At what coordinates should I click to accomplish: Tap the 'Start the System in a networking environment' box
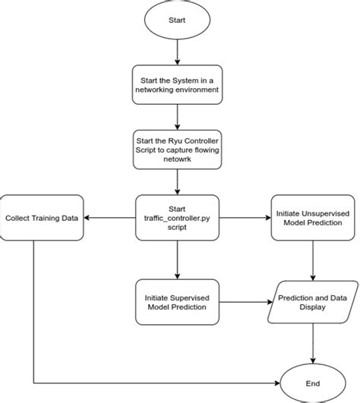(x=177, y=84)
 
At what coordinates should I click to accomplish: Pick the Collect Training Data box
(x=42, y=218)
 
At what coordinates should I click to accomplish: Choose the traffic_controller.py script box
(x=177, y=218)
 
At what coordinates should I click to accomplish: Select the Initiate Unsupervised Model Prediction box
(x=314, y=218)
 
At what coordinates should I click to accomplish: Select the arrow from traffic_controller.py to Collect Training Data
(x=110, y=218)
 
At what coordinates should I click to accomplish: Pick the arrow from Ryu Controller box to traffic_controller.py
(x=177, y=182)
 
